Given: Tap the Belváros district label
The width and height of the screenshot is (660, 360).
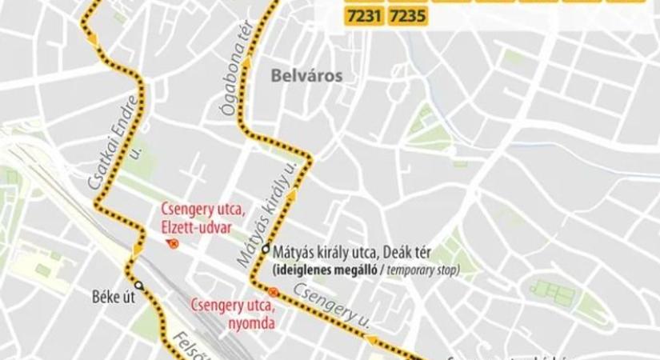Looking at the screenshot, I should click(x=307, y=76).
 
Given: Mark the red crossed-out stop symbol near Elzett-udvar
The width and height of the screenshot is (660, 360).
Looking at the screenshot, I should click(x=174, y=245).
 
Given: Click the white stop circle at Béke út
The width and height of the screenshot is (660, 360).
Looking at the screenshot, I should click(x=138, y=285).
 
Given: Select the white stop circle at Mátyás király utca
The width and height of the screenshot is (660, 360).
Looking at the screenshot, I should click(x=265, y=249).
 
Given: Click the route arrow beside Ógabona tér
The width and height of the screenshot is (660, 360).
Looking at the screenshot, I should click(x=248, y=61).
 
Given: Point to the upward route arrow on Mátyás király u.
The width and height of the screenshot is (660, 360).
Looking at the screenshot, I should click(x=293, y=194).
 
